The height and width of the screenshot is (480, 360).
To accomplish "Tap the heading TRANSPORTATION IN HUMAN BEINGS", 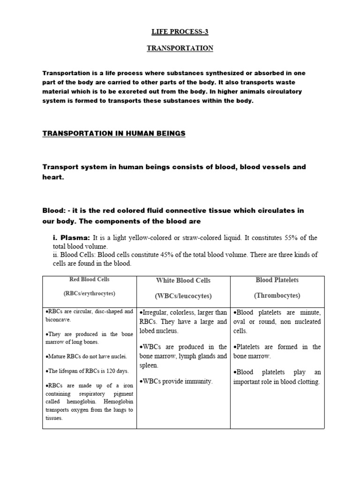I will pyautogui.click(x=114, y=134).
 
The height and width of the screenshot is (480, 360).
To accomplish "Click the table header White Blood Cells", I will pyautogui.click(x=183, y=280).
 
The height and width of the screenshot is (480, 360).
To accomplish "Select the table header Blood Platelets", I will pyautogui.click(x=277, y=280).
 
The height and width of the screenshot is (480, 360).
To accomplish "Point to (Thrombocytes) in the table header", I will pyautogui.click(x=277, y=296).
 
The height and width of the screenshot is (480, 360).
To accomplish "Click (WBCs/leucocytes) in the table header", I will pyautogui.click(x=183, y=296).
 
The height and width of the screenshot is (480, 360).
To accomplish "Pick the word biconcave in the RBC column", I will pyautogui.click(x=58, y=320).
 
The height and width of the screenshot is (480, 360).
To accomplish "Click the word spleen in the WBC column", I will pyautogui.click(x=149, y=365).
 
